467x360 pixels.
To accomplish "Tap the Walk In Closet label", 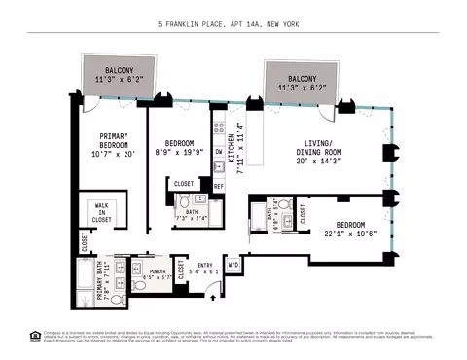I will (102, 213).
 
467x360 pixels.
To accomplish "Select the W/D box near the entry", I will (233, 264).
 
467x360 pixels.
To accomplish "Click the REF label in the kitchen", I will (219, 185).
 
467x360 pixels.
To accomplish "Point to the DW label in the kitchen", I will (219, 151).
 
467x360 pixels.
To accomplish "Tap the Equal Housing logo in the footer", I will (35, 337).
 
